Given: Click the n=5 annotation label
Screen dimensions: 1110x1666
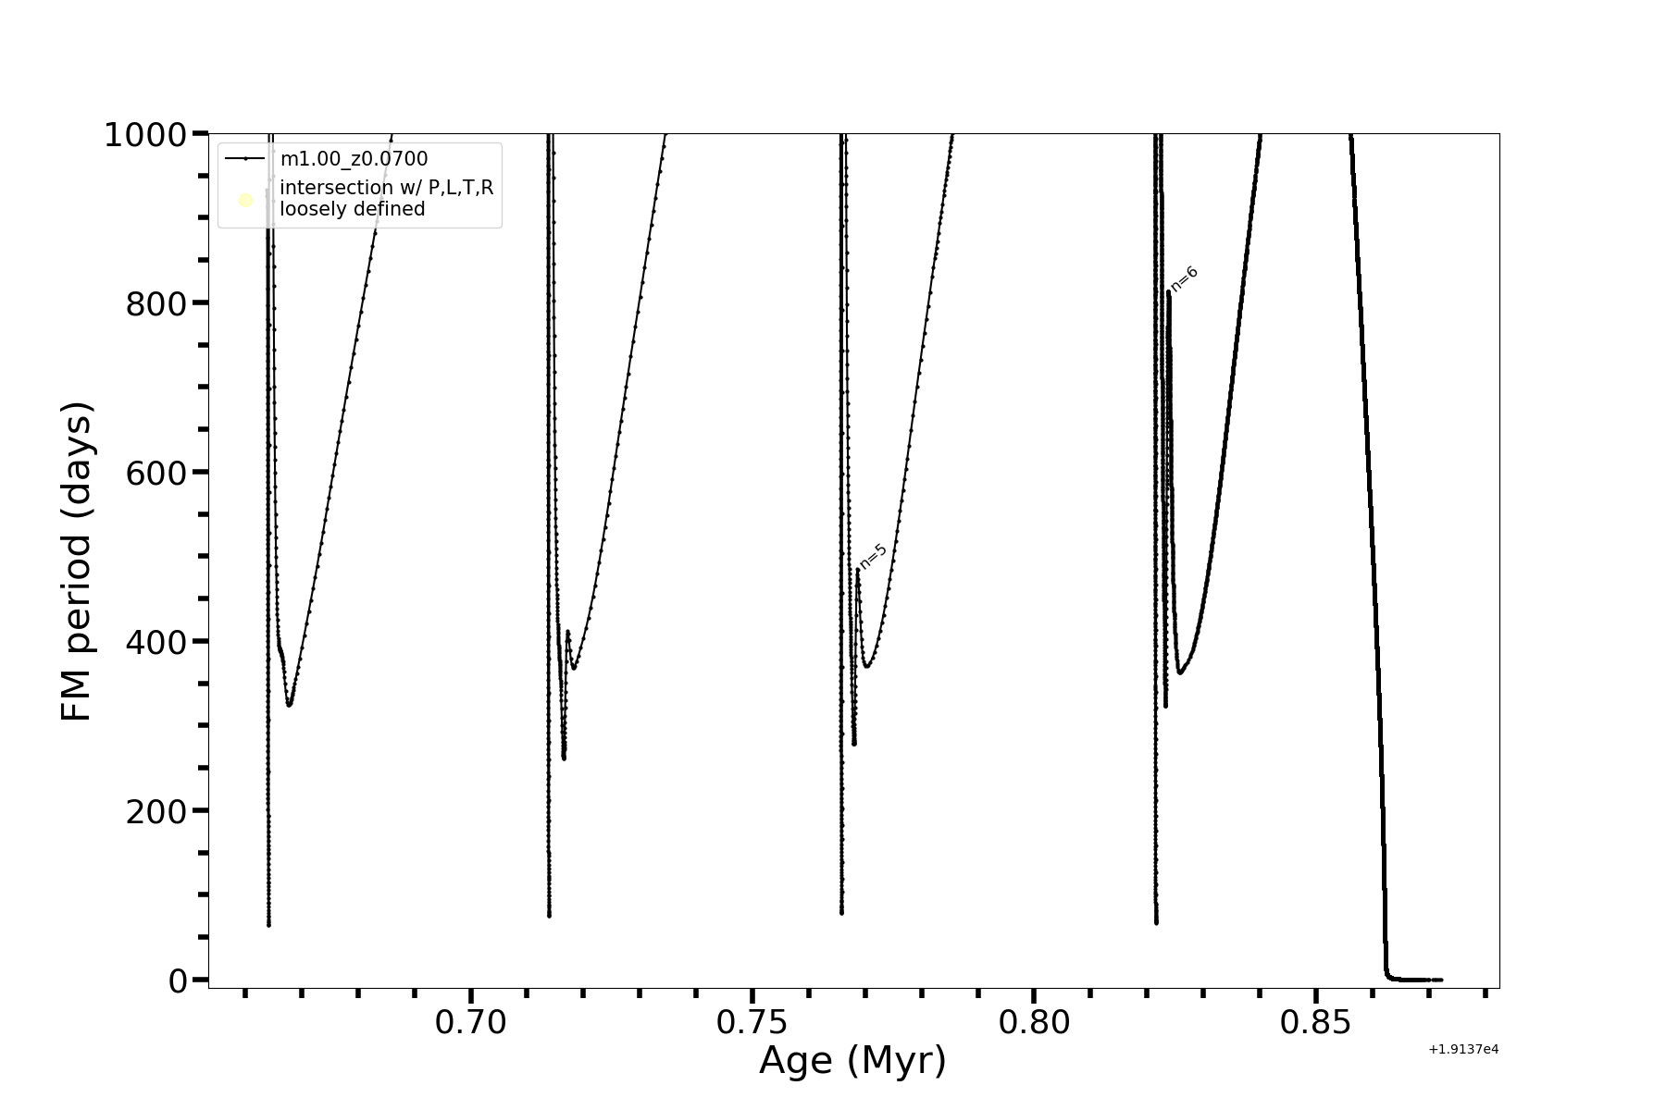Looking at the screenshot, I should pos(873,556).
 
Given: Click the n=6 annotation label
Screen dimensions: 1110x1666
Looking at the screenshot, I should pos(1185,278).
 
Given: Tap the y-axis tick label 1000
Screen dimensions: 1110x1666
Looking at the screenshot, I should pos(145,136).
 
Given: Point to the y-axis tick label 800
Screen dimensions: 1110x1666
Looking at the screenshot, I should pos(156,304).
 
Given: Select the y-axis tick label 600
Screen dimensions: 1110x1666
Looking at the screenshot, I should pos(156,473).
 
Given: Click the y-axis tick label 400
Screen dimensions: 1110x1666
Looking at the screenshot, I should pos(156,642).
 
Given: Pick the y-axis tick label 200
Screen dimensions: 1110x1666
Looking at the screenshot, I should pos(156,811).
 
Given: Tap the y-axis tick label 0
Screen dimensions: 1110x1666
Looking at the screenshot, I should pos(179,980).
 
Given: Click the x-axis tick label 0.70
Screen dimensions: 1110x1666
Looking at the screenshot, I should pos(471,1023).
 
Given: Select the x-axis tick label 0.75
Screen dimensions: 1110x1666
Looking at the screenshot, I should pos(752,1023).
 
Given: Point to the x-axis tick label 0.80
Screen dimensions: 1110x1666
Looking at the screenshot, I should pos(1034,1023).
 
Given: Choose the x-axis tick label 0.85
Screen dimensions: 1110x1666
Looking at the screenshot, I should pos(1315,1023).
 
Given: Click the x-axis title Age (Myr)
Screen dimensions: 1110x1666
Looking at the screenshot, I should pos(852,1061).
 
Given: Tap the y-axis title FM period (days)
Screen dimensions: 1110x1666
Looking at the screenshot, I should pos(77,561).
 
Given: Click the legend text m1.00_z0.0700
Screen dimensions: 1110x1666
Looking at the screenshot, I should pos(354,159).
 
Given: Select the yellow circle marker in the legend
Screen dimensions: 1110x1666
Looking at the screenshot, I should pos(245,200).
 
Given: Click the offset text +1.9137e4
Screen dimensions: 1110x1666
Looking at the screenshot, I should pos(1462,1049).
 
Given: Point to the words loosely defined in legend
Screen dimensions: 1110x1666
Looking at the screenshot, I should pos(353,210).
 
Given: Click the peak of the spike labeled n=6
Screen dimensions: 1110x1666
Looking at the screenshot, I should pos(1169,293).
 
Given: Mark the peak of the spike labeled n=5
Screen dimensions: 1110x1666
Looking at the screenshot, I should pos(858,569).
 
